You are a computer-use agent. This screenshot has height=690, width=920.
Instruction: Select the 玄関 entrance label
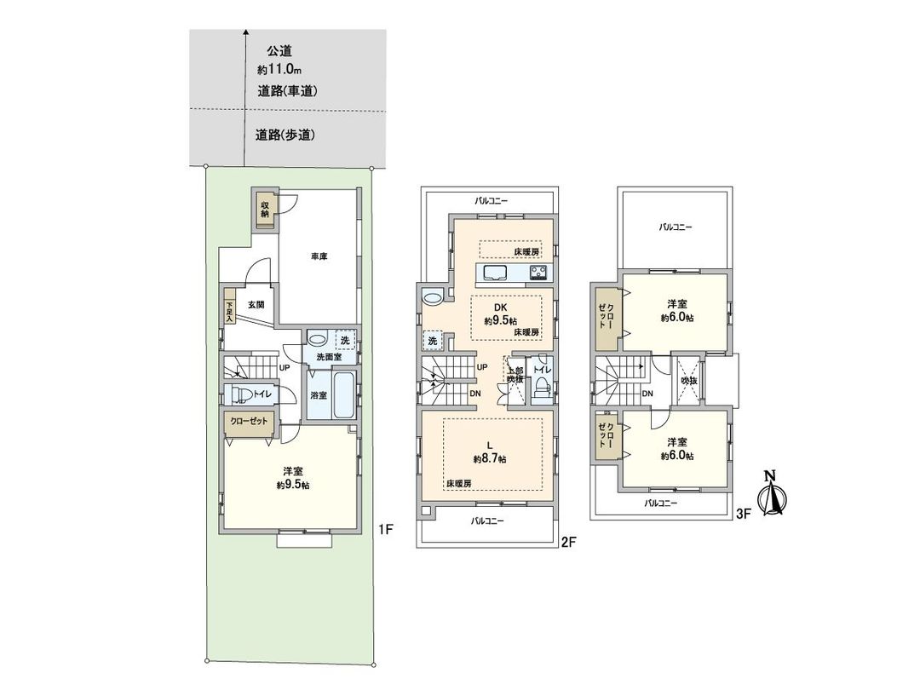click(256, 304)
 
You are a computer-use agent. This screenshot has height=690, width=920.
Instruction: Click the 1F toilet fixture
click(243, 394)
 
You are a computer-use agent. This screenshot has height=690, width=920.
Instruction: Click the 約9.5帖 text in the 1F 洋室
click(292, 485)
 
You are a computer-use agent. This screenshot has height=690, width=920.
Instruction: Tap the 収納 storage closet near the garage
click(265, 210)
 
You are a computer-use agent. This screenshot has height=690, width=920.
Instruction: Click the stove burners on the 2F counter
click(540, 273)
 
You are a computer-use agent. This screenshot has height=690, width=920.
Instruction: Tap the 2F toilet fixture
click(540, 392)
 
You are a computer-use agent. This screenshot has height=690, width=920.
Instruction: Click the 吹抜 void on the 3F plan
click(689, 380)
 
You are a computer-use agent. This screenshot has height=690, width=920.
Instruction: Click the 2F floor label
click(570, 539)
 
